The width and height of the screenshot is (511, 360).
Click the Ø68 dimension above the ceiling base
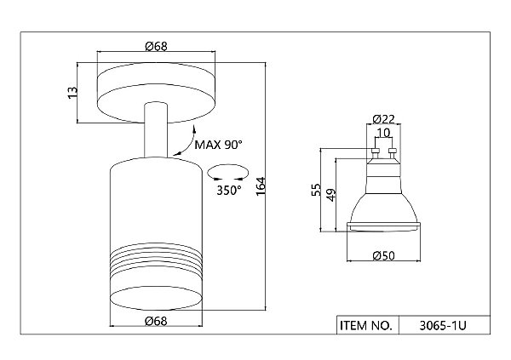pos(156,46)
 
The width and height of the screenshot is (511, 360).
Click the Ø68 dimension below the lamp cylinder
pos(156,321)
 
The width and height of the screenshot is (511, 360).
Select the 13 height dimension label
pos(73,93)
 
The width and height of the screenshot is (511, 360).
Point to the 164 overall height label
pos(261,186)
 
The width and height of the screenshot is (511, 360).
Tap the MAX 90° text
pos(218,145)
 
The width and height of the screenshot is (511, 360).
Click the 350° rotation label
pos(229,191)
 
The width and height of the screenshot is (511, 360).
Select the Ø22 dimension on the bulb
pos(383,119)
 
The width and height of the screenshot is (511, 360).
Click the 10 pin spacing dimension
pos(383,133)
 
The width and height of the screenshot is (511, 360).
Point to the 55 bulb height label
pos(316,190)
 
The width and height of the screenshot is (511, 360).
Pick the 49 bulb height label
pos(330,195)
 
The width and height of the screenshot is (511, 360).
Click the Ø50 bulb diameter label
pos(383,256)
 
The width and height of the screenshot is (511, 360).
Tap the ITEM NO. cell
pos(366,325)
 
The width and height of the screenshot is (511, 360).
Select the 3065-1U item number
pos(443,325)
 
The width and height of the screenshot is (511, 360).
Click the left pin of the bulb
pos(375,153)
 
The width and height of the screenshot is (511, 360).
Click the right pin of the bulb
pos(393,153)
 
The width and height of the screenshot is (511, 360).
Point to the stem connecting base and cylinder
pos(156,130)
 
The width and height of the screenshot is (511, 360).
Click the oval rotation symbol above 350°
pos(227,166)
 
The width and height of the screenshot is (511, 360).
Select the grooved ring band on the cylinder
pos(156,258)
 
